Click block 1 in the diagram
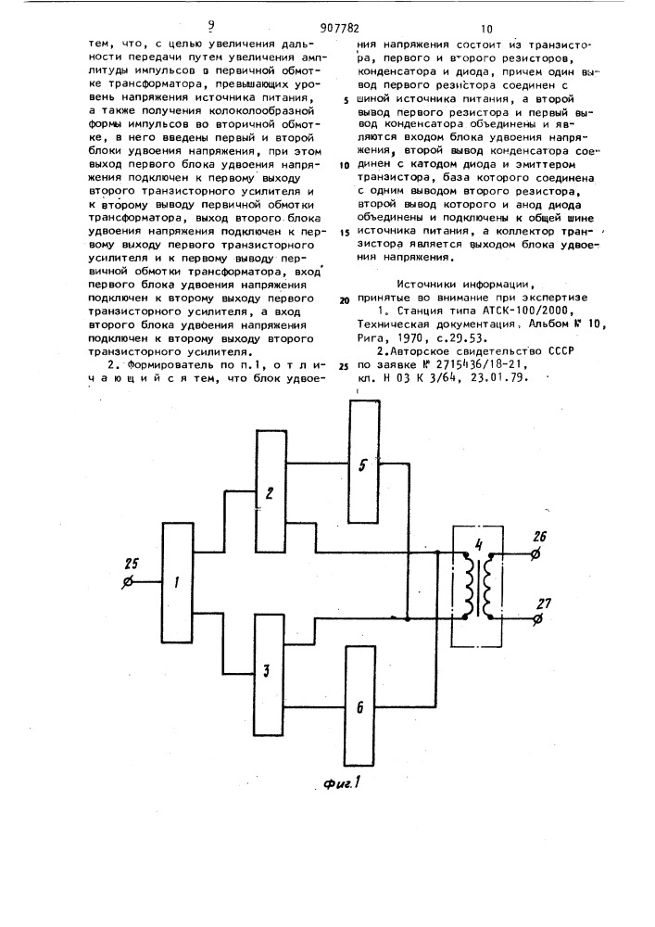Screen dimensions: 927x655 pyautogui.click(x=177, y=583)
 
